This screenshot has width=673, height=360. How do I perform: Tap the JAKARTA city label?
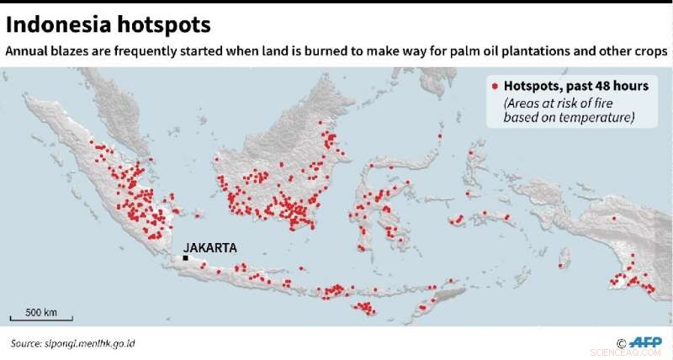pos(210,247)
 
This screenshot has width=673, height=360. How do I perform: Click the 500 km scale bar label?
pos(40,312)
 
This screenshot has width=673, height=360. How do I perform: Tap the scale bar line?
pos(40,320)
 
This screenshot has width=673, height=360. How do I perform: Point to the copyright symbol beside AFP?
pos(621,343)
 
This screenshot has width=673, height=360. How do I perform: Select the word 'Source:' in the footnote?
pos(28,343)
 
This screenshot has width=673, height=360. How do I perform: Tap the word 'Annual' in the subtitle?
pos(28,51)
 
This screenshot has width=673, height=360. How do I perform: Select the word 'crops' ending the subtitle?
pos(650,51)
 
